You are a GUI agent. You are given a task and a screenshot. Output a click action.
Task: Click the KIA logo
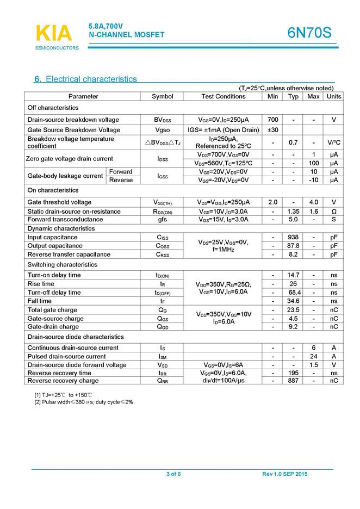pos(53,34)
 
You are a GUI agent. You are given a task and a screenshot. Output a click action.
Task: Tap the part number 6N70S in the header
pos(309,33)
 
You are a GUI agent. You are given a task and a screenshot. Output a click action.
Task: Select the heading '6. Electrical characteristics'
pos(85,79)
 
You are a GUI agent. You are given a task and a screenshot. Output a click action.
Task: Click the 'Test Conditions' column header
pos(223,96)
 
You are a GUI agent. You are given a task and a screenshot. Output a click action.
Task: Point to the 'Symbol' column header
pos(162,96)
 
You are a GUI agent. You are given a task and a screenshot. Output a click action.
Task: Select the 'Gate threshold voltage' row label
pos(59,202)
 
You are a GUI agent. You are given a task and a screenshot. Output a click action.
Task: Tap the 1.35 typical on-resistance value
pos(294,212)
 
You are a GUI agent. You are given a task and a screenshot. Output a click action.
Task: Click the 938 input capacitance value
pos(294,238)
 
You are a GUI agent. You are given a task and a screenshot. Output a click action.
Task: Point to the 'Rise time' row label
pos(41,284)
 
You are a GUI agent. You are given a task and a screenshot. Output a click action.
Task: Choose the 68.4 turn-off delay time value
pos(294,293)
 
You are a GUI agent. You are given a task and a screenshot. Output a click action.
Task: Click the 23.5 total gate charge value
pos(294,310)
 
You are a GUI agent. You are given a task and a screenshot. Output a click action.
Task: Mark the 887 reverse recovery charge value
pos(294,381)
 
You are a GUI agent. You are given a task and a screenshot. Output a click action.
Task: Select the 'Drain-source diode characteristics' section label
pos(76,337)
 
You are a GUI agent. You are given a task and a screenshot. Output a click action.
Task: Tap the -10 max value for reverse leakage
pos(313,180)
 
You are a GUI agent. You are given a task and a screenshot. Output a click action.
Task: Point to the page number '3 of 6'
pos(173,474)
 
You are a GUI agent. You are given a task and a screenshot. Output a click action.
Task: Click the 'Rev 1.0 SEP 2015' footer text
pos(284,474)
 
